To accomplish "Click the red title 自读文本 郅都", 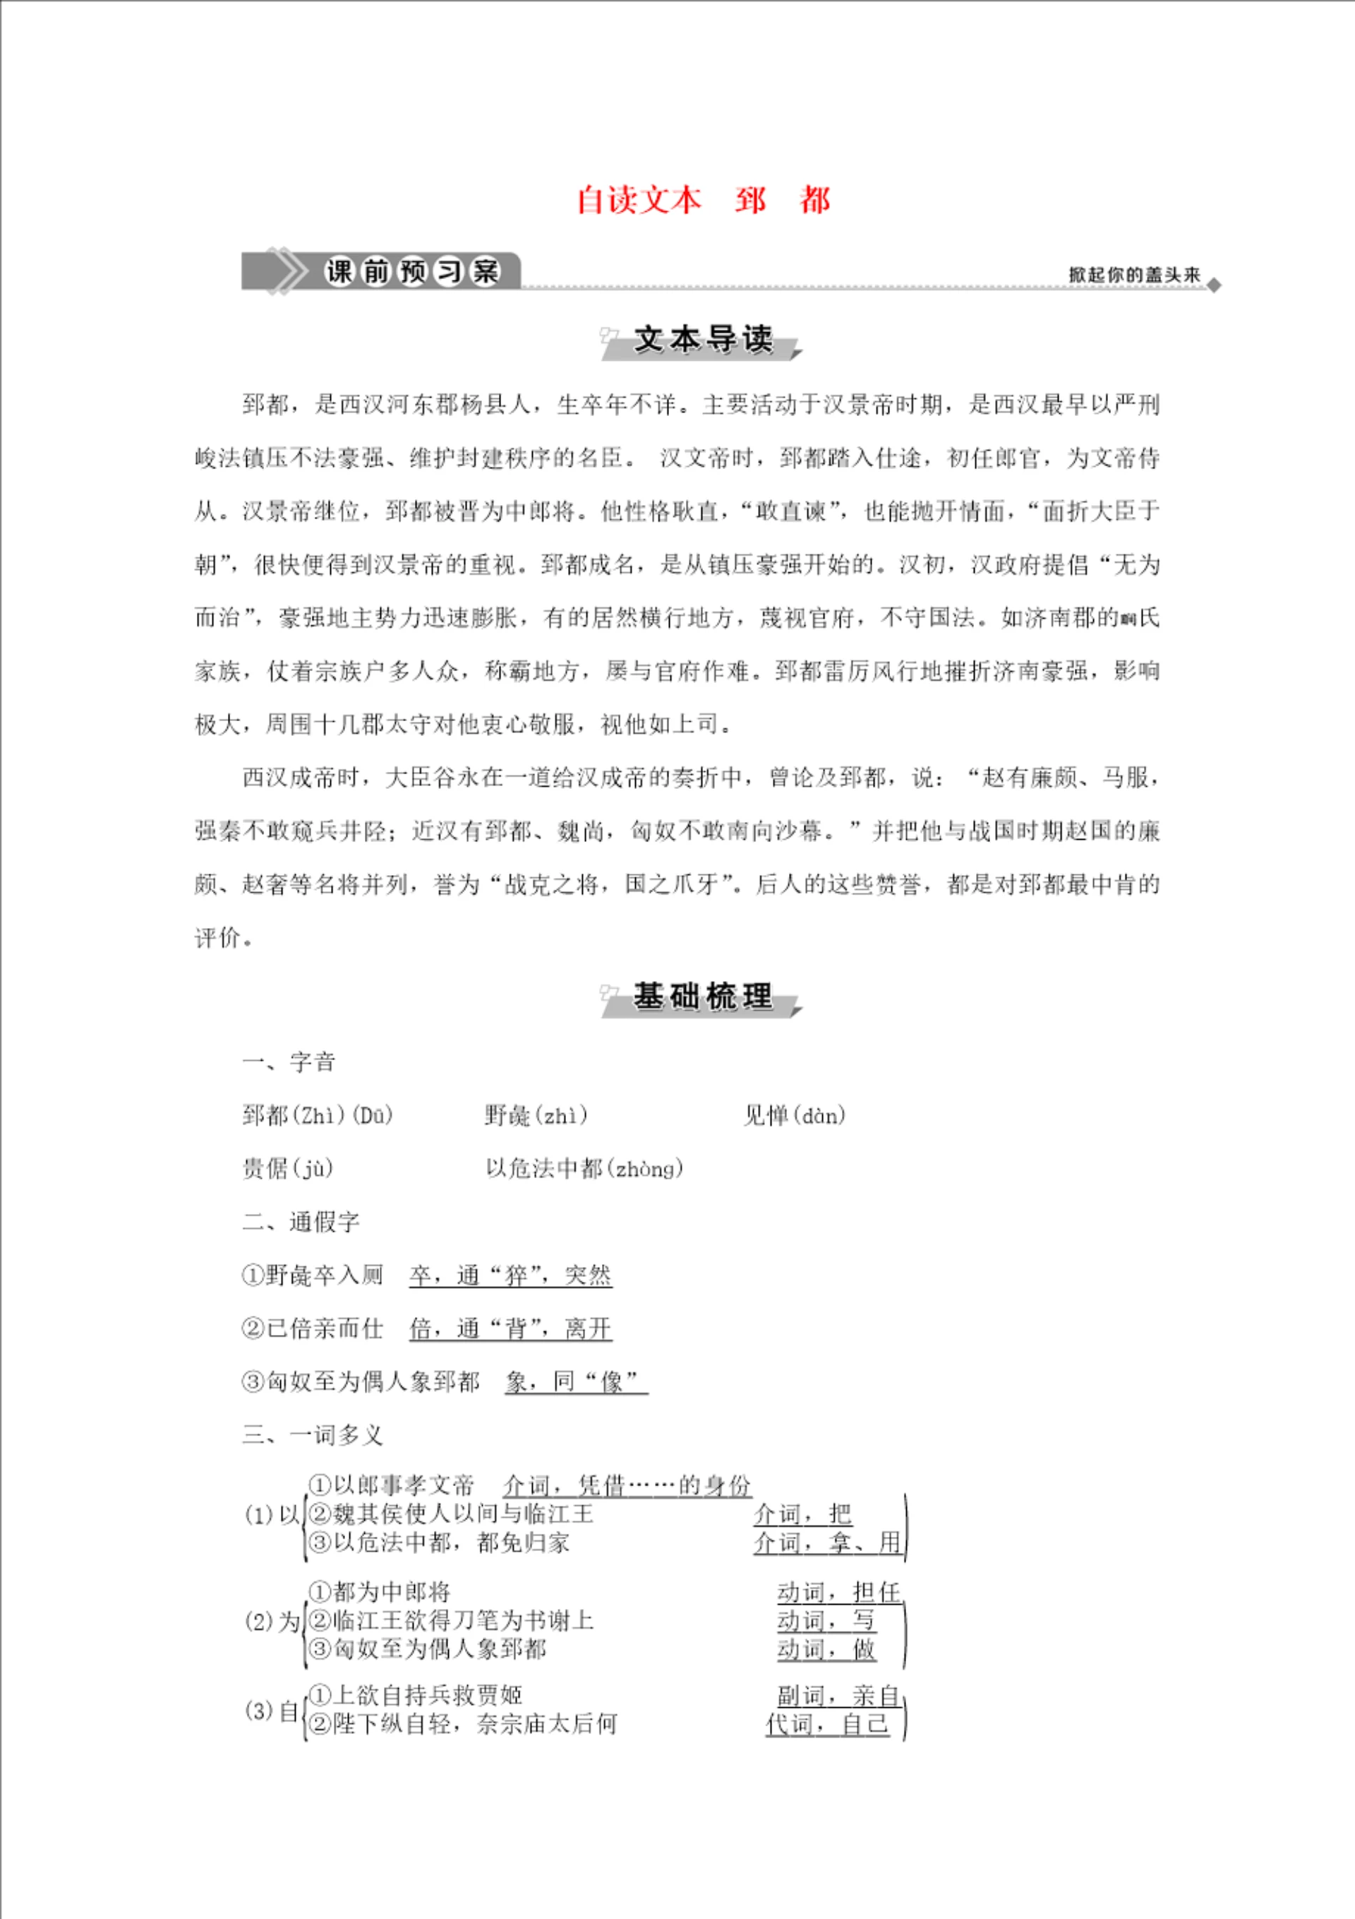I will [703, 201].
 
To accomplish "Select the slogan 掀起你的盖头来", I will [1133, 274].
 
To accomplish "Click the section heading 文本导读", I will [703, 339].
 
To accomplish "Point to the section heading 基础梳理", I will [703, 997].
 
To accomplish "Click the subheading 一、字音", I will [289, 1062].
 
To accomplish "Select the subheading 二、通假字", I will [301, 1222].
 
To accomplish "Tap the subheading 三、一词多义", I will [313, 1435].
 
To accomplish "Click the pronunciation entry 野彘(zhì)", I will [536, 1115].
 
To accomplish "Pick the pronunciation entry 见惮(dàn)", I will [794, 1115].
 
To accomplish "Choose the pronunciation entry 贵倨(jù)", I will [287, 1168].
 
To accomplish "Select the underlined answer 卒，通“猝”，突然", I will [510, 1276].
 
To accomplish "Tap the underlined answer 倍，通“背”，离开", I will [510, 1329].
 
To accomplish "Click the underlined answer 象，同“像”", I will [577, 1382].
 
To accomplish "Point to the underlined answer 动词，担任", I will [838, 1592].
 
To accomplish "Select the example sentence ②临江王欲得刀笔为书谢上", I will [451, 1621].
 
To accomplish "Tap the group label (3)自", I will [272, 1711].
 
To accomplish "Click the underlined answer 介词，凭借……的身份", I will [627, 1485].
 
